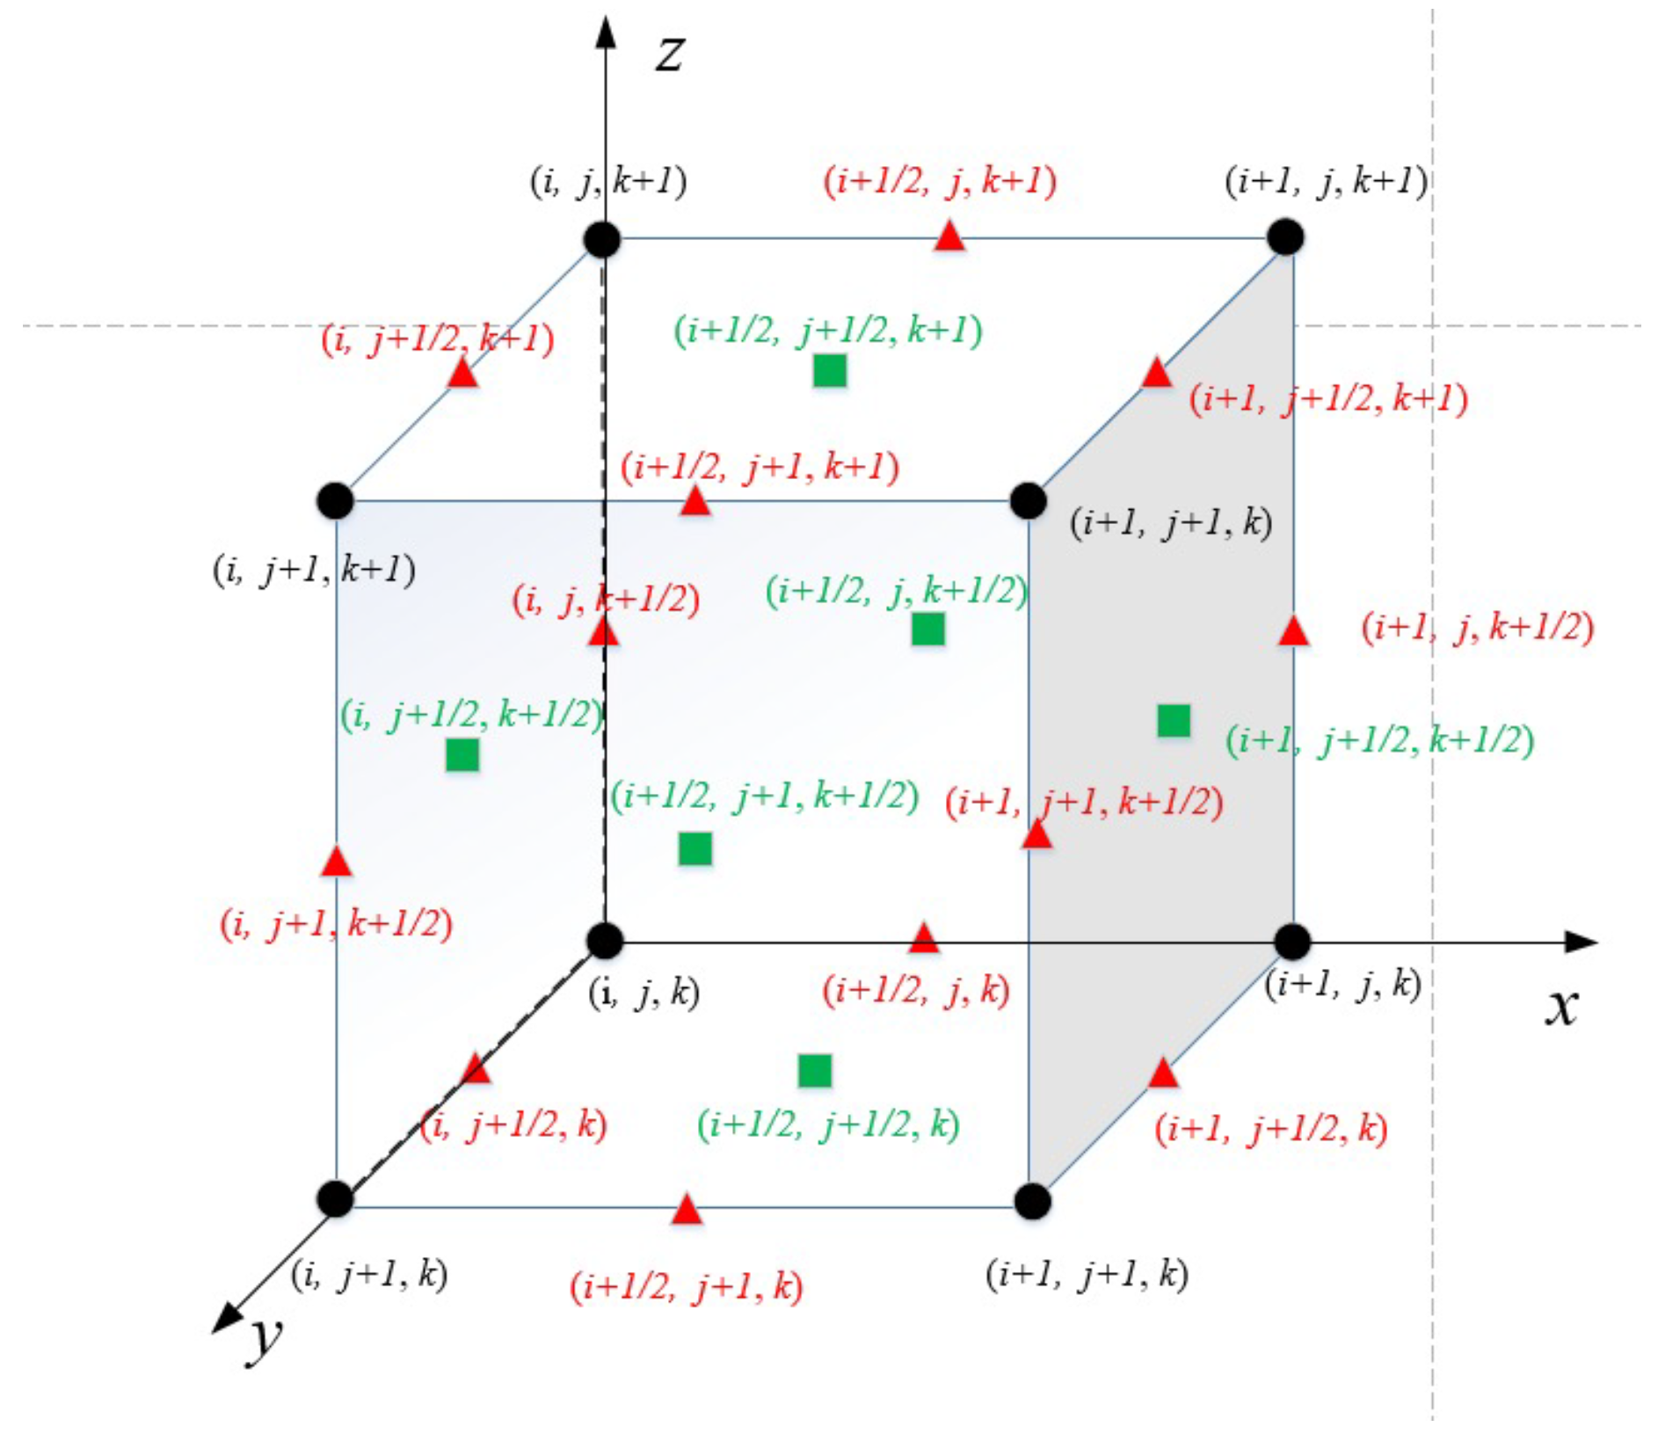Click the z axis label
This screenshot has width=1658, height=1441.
coord(669,55)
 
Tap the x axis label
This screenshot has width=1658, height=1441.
coord(1561,1007)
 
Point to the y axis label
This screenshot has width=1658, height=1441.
coord(265,1338)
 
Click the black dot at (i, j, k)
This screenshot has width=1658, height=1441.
coord(605,941)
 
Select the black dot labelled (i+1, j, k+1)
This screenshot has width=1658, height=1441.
coord(1285,237)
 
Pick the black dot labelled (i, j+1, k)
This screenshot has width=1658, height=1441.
coord(336,1199)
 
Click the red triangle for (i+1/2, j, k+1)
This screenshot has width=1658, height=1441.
coord(949,237)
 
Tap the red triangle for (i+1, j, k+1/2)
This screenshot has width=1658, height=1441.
coord(1293,631)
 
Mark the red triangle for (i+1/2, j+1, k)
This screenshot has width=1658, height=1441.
coord(687,1211)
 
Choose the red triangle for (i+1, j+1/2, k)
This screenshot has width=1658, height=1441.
coord(1162,1073)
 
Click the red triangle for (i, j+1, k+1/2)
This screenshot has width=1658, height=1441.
coord(336,862)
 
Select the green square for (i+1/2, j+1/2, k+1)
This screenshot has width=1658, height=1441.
coord(829,371)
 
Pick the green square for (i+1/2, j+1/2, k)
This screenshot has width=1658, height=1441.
coord(814,1071)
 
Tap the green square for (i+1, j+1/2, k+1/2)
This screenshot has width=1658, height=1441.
coord(1174,721)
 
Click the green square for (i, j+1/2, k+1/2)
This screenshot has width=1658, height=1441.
coord(462,754)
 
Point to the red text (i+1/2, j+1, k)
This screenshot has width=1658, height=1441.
coord(687,1288)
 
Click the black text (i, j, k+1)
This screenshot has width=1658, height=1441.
coord(608,182)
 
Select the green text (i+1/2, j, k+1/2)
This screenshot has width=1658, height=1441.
coord(897,592)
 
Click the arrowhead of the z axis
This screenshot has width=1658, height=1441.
coord(605,32)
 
